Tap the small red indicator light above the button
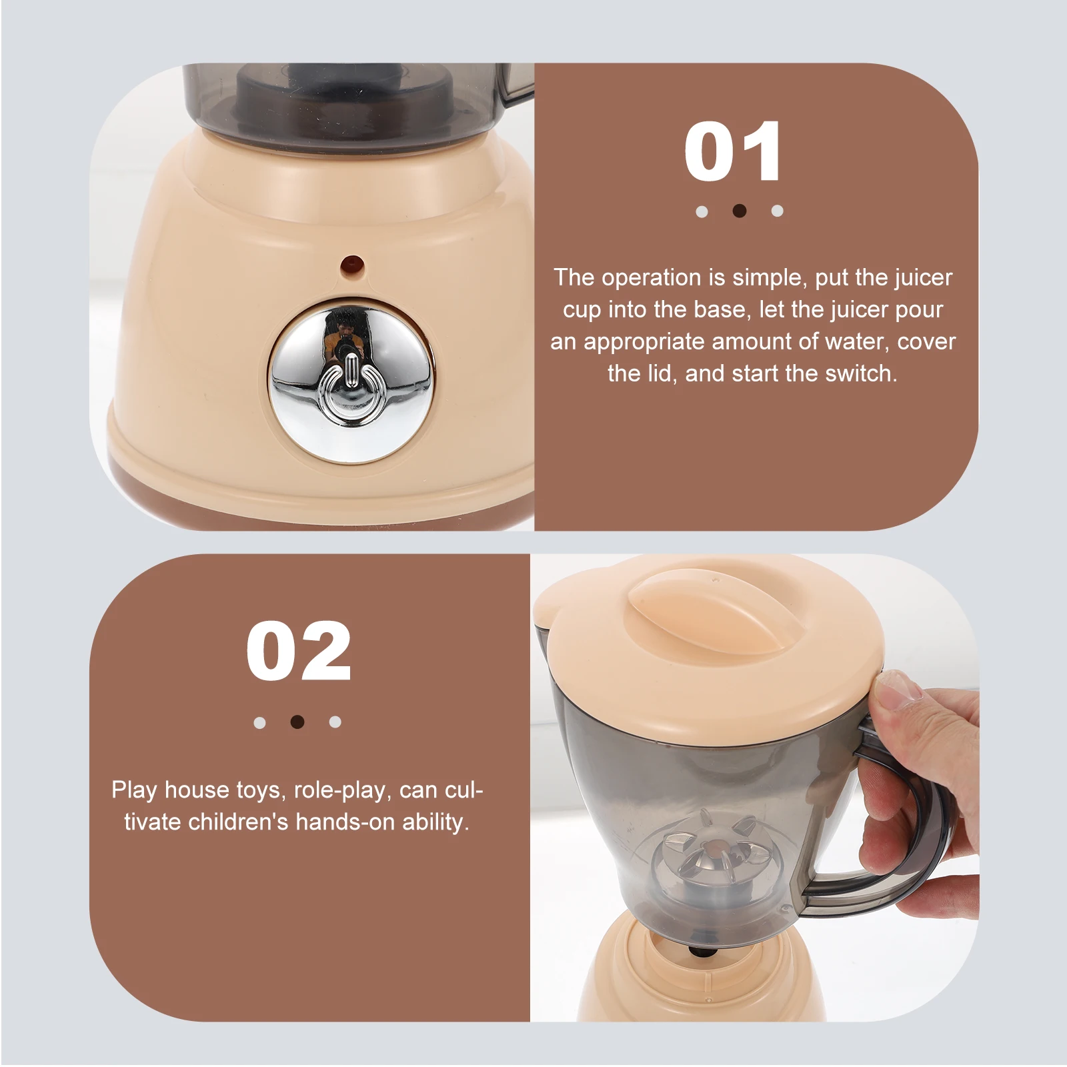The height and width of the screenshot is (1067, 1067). coord(351,265)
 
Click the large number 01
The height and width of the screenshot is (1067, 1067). coord(733,153)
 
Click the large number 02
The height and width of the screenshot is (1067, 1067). coord(298,652)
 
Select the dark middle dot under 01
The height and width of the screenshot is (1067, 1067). coord(739,211)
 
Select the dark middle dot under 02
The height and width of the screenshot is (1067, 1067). coord(297,722)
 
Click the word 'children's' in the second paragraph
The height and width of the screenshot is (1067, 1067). coord(237,822)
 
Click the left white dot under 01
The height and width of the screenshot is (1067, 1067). coord(702,211)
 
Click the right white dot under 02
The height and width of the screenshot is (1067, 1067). coord(335,722)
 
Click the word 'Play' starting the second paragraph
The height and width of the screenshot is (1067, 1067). coord(133,790)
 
